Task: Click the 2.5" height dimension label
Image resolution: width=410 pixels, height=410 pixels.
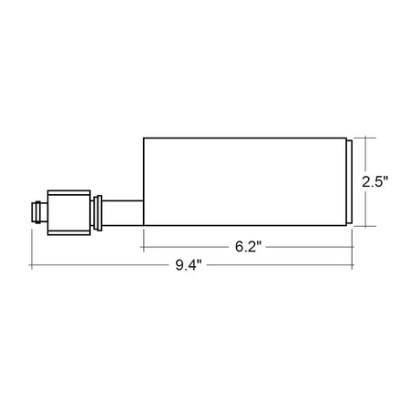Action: coord(374,182)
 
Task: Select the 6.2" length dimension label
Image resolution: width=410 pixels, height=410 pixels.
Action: coord(248,247)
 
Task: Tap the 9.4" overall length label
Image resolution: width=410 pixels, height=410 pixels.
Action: coord(189,265)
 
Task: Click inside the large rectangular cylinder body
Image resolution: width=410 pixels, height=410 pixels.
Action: coord(245,181)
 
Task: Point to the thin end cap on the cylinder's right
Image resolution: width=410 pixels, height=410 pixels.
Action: coord(349,181)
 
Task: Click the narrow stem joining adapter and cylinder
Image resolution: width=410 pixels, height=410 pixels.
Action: coord(123,213)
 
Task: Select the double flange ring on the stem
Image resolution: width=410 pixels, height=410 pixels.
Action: coord(97,213)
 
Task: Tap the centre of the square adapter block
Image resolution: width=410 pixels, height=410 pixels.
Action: coord(69,212)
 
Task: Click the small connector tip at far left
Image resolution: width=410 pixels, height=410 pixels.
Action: coord(39,212)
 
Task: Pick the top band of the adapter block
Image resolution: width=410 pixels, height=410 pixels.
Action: coord(69,192)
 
